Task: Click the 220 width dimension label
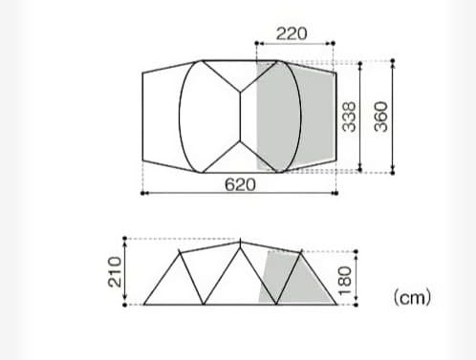(292, 32)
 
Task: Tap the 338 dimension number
(350, 117)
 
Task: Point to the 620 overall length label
(239, 183)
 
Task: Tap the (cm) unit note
(412, 298)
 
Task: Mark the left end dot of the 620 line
(142, 193)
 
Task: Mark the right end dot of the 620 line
(335, 193)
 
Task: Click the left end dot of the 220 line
(256, 44)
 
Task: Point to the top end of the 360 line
(393, 62)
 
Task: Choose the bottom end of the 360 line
(393, 174)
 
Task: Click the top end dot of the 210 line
(128, 238)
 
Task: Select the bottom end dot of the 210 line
(128, 304)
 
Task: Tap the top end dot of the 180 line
(355, 253)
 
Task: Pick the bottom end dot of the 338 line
(360, 170)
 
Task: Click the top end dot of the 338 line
(360, 64)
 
